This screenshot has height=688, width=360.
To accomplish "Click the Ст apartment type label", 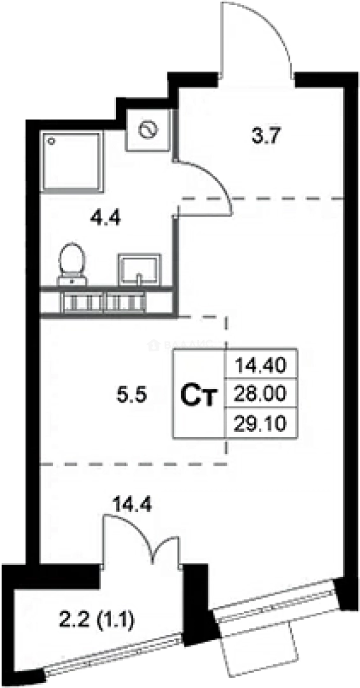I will click(x=199, y=395).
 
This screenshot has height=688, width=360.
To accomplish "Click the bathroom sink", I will click(x=138, y=268).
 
